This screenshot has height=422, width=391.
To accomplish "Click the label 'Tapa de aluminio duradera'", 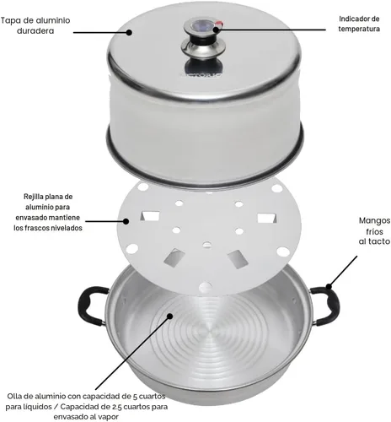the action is [x=35, y=25].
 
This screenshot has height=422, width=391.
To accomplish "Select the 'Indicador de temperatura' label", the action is [x=359, y=24].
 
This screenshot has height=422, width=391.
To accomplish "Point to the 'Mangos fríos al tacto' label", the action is [x=374, y=231].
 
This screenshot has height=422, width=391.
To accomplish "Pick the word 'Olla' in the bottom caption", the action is [x=14, y=396].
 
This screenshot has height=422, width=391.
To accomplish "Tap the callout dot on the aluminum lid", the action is [x=129, y=32].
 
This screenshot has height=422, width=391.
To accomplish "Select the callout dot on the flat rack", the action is [x=126, y=221].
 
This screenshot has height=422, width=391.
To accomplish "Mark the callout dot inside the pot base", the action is [x=169, y=316].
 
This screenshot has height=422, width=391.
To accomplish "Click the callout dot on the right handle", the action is [x=329, y=287].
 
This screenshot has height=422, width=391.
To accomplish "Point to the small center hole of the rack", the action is [x=207, y=245].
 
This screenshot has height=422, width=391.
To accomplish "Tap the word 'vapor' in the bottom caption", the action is [x=109, y=417].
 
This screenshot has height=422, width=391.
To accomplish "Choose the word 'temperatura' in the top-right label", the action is [x=359, y=29].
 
